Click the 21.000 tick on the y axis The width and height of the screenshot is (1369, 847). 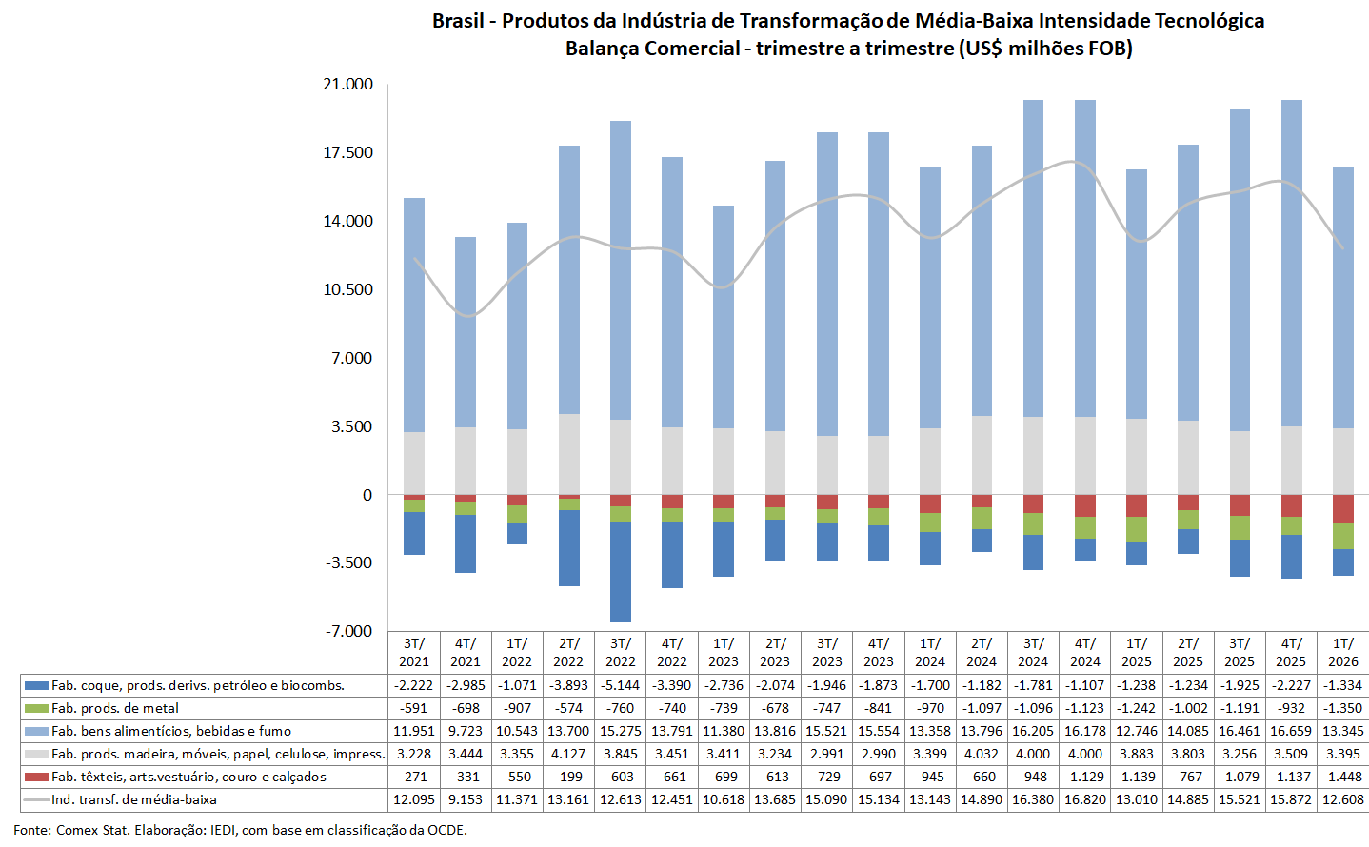pos(347,85)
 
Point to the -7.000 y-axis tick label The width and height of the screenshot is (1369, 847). pos(348,631)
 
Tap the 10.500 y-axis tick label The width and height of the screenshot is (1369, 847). pos(347,289)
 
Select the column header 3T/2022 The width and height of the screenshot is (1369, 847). pos(621,653)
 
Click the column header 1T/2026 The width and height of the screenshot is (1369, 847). pos(1342,653)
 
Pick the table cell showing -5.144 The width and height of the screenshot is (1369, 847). pos(621,685)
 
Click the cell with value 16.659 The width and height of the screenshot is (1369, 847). pos(1291,731)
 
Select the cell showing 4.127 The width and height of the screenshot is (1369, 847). pos(568,754)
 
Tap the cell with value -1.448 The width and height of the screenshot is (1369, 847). pos(1342,777)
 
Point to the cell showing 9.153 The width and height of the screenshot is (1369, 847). pos(466,799)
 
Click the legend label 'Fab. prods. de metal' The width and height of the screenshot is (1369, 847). pos(115,708)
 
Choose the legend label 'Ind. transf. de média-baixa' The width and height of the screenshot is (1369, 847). pos(134,799)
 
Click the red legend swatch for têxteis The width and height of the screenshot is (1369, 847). pos(37,778)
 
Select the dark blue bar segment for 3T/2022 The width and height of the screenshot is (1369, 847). pos(621,571)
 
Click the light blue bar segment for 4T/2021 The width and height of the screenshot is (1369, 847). pos(466,332)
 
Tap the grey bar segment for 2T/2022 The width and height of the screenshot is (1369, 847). pos(569,454)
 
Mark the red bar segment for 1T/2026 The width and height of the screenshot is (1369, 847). pos(1342,509)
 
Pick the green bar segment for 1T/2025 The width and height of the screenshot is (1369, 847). pos(1137,529)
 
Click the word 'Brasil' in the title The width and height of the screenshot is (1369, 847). pos(458,21)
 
